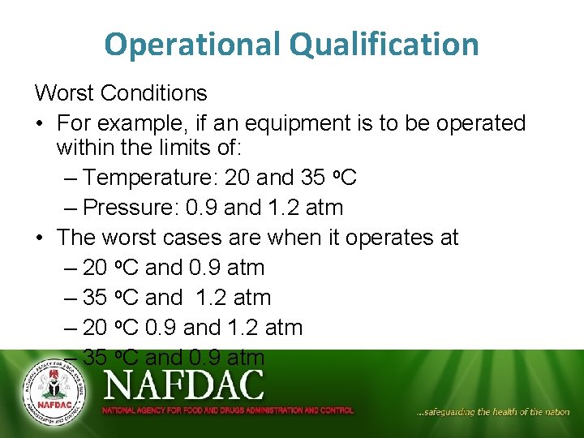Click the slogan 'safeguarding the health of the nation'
click(493, 412)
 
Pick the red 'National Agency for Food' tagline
click(227, 410)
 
